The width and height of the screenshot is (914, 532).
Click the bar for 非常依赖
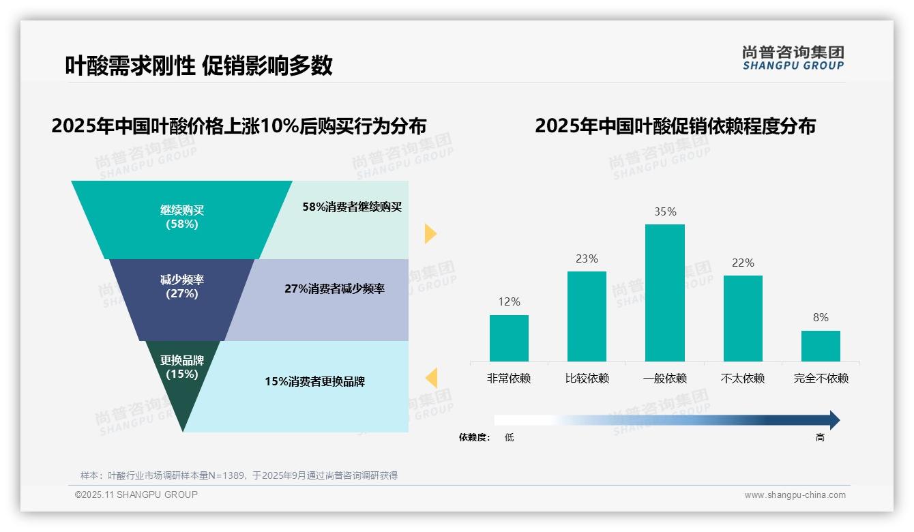(x=509, y=338)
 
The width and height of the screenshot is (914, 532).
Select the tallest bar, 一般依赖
(x=664, y=293)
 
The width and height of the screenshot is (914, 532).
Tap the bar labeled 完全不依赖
(x=821, y=346)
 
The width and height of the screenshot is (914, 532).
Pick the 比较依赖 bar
(x=587, y=316)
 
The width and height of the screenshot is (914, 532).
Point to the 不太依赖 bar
(x=743, y=319)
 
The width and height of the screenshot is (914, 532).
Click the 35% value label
(x=665, y=212)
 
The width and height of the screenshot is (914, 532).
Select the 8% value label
(x=821, y=318)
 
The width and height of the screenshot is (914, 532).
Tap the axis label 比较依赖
(x=587, y=379)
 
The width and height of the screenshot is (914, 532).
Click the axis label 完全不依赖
(x=821, y=379)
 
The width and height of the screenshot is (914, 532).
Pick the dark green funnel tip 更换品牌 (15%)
(x=182, y=382)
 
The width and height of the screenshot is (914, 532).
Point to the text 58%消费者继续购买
(x=352, y=207)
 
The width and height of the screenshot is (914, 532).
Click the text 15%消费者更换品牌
(x=314, y=382)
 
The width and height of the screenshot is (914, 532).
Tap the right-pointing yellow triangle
(x=430, y=233)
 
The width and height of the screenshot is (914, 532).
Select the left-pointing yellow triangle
(x=431, y=378)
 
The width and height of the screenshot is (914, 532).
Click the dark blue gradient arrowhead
(x=834, y=420)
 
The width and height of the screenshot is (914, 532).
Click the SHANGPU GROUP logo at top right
(x=793, y=58)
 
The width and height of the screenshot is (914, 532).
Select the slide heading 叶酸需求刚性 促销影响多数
(x=198, y=65)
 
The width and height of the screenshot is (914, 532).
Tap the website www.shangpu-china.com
(x=795, y=495)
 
